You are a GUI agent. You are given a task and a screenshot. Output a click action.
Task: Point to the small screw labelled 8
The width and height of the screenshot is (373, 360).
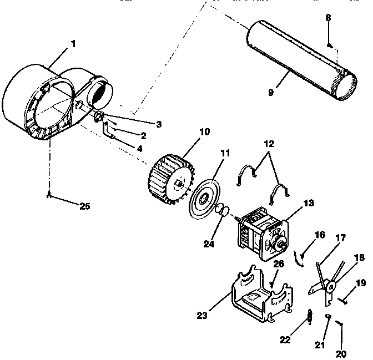(x=329, y=44)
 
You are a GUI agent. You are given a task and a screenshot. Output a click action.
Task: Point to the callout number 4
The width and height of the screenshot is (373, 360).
(x=139, y=148)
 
